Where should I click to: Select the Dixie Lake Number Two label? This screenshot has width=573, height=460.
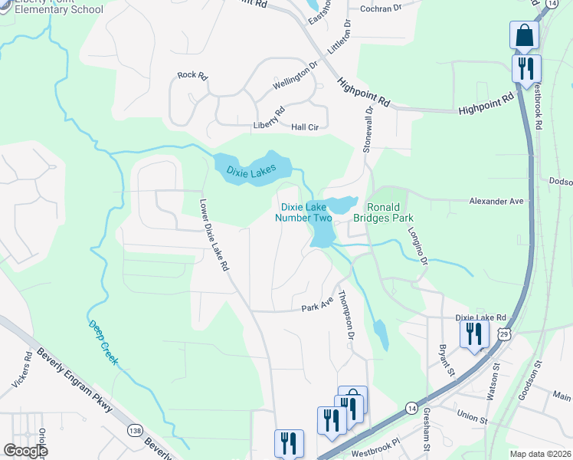tap(306, 212)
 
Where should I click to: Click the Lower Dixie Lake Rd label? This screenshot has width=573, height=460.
tap(214, 236)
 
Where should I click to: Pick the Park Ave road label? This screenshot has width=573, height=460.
tap(317, 307)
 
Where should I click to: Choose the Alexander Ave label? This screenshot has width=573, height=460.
tap(496, 201)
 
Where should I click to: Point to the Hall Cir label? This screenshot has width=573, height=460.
tap(304, 127)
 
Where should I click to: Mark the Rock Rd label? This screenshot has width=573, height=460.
tap(192, 75)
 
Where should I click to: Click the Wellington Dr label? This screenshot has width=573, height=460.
tap(295, 77)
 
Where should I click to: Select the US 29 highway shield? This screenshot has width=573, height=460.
tap(503, 334)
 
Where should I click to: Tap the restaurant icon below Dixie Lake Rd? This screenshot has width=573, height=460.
tap(473, 334)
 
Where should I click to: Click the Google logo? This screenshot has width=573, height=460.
tap(25, 451)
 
